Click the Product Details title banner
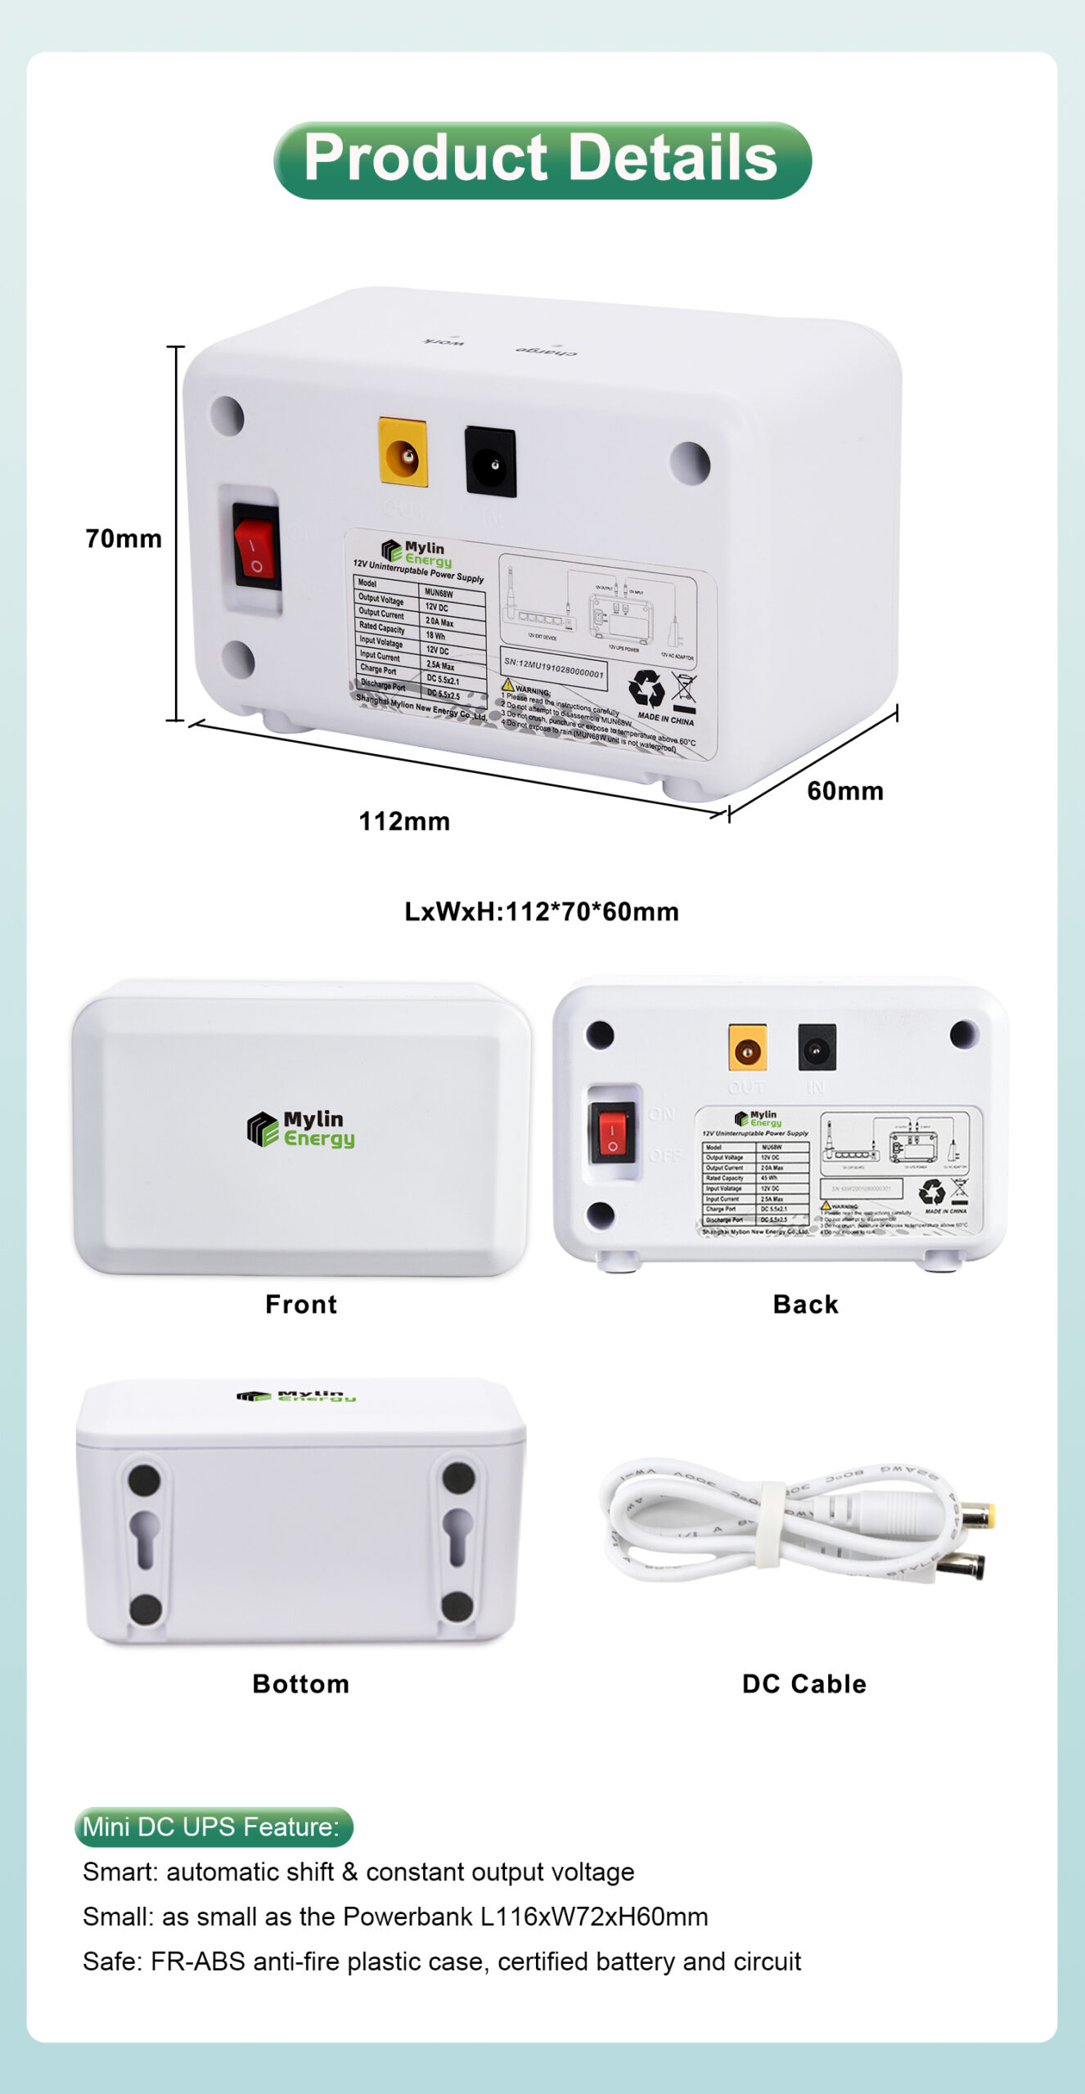pos(542,160)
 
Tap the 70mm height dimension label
pos(124,539)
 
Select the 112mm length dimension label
pos(404,821)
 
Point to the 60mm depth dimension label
pos(844,791)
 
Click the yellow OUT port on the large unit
pos(403,452)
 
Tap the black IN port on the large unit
pos(490,462)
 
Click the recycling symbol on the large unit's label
pos(646,688)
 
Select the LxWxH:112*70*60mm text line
pos(542,911)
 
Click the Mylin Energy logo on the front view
pos(301,1129)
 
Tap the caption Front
pos(301,1304)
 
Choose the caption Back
pos(805,1304)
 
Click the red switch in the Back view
pos(612,1133)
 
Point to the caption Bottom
pos(301,1683)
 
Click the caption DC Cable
pos(804,1683)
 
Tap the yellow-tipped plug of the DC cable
pos(977,1516)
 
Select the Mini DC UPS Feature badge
pos(214,1827)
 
